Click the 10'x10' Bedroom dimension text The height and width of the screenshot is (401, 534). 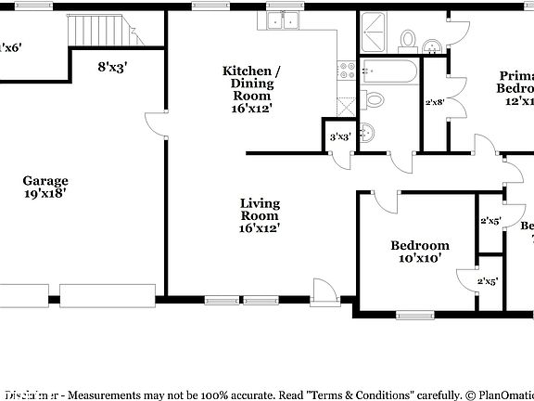[419, 259]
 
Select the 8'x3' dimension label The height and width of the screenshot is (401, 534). [112, 67]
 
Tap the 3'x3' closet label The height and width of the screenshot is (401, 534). [339, 137]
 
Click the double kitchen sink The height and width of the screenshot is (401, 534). [282, 20]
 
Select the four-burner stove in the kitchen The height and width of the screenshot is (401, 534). [346, 70]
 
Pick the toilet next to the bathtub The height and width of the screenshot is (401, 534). [374, 99]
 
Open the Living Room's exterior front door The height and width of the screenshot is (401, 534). [325, 291]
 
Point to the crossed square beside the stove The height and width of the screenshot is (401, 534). [346, 103]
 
